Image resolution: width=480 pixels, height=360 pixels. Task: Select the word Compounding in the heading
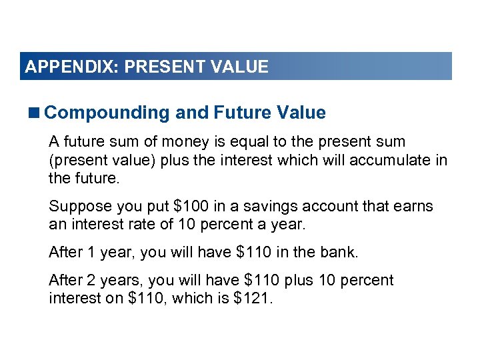[x=107, y=113]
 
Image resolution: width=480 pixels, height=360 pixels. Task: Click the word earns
[x=413, y=207]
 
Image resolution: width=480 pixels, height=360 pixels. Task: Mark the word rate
[x=132, y=225]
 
